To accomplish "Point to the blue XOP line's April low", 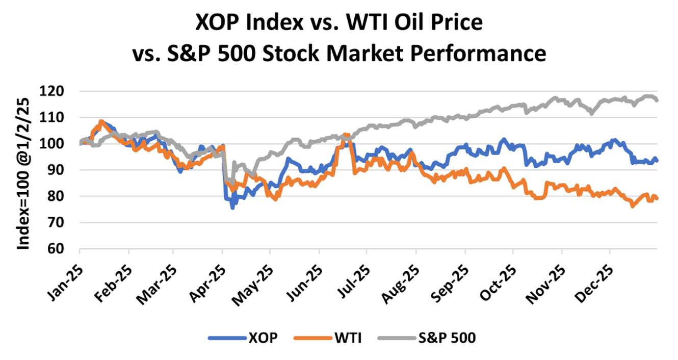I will click(232, 208).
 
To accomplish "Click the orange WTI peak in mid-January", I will click(101, 121).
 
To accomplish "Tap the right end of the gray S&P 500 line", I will click(657, 100).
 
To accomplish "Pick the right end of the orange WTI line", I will click(657, 198).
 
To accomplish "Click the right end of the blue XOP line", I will click(657, 160).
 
